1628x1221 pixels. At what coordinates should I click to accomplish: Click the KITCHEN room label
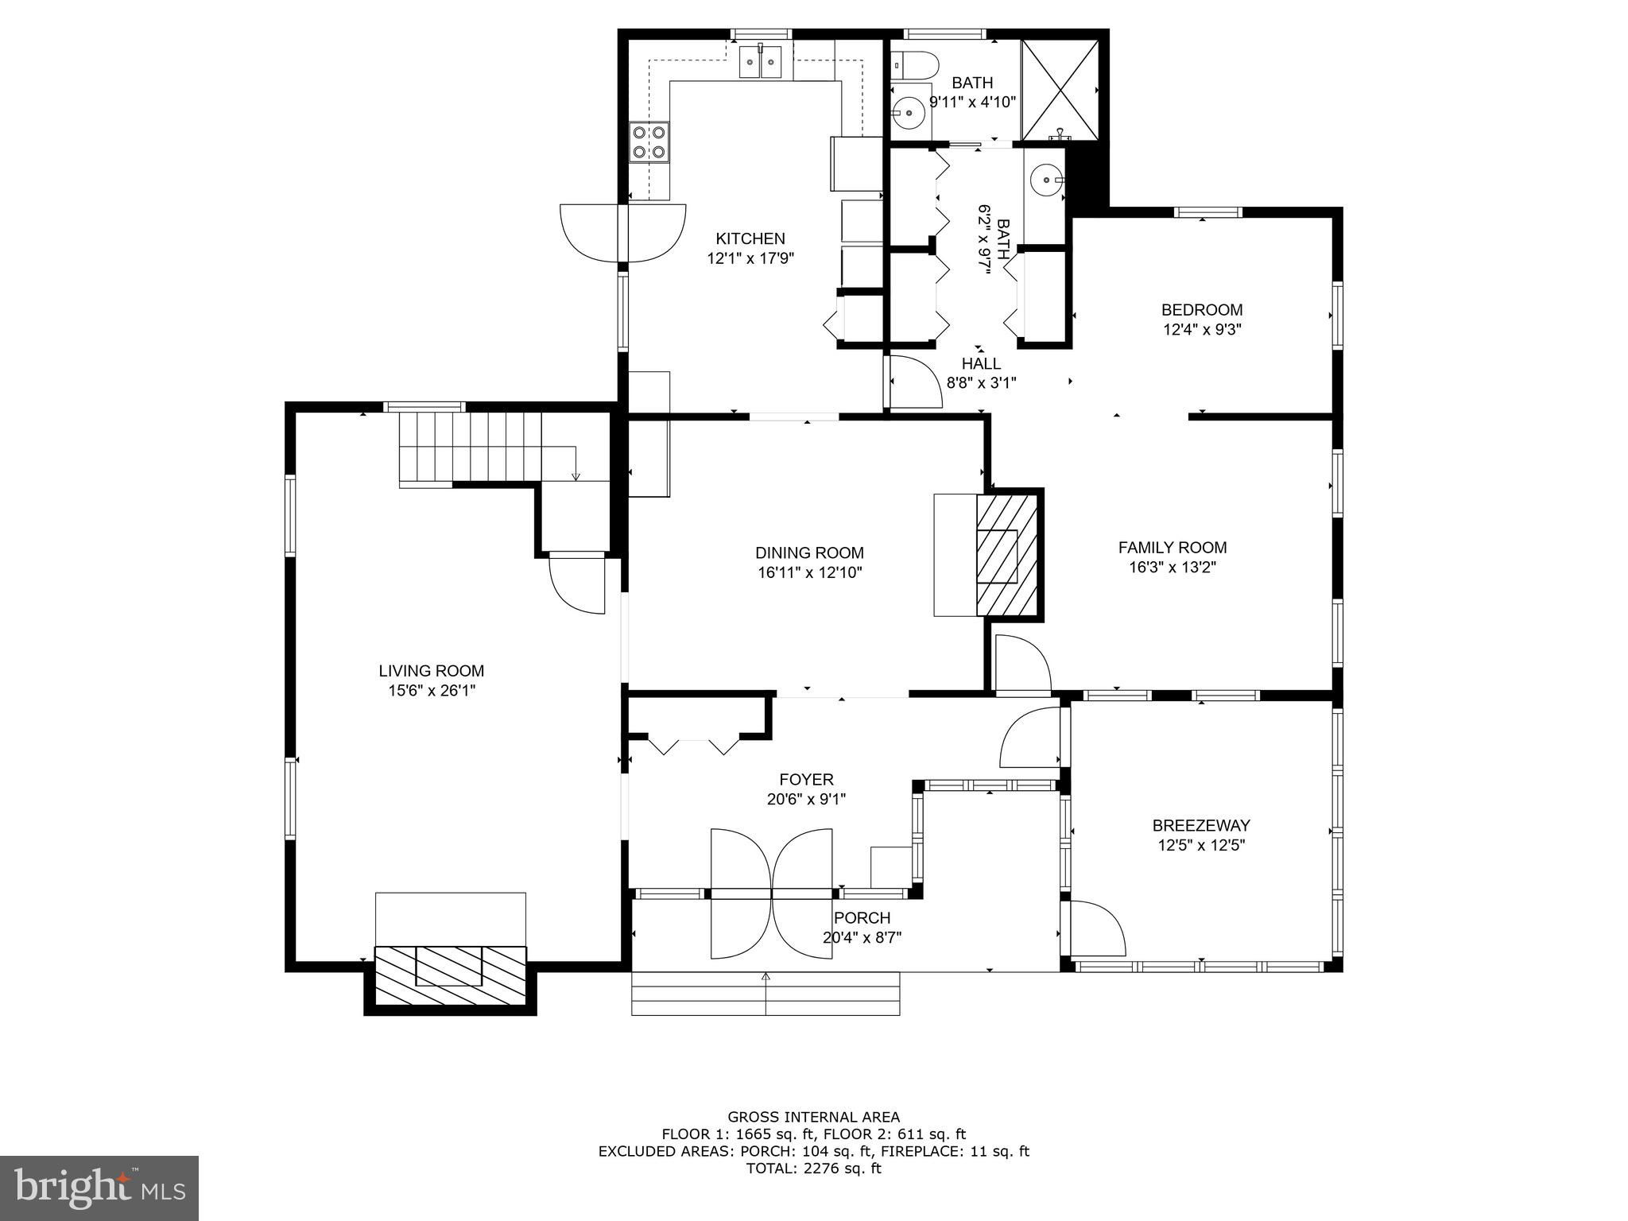pos(750,238)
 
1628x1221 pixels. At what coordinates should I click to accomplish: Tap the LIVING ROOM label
pos(432,671)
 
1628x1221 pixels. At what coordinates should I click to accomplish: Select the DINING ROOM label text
pos(809,552)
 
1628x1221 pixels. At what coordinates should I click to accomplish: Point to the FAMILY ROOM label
pos(1173,547)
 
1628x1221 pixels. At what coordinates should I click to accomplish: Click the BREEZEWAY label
pos(1201,825)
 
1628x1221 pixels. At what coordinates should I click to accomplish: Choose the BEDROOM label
pos(1202,309)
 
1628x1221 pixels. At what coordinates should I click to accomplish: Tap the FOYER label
pos(806,780)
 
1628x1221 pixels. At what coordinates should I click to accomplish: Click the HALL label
pos(981,363)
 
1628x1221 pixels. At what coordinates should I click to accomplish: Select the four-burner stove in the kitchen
pos(649,143)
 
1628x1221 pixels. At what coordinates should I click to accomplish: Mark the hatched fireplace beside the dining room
pos(1007,555)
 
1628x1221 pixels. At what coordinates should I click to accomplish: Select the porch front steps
pos(766,993)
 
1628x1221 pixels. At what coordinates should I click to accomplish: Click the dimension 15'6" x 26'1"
pos(432,691)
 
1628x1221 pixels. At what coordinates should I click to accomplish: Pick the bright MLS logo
pos(99,1188)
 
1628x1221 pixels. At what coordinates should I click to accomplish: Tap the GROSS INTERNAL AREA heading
pos(814,1117)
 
